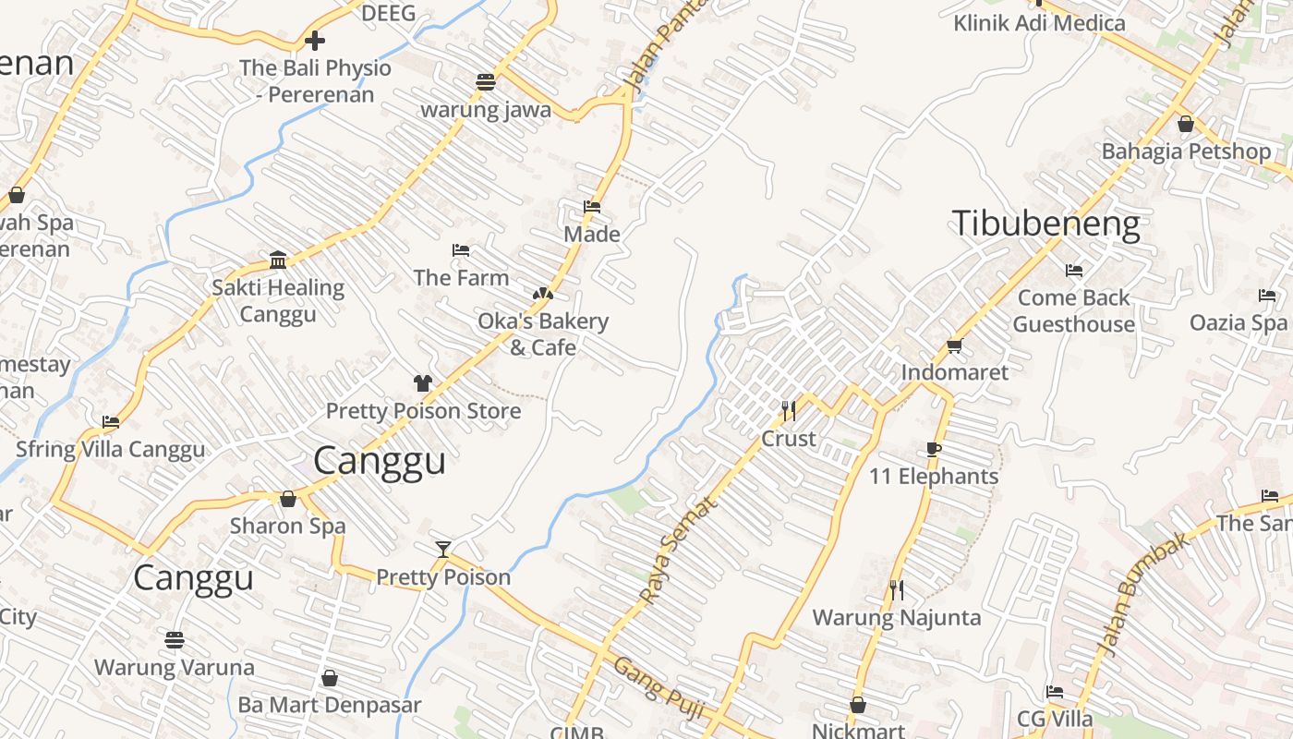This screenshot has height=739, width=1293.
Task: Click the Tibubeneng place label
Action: tap(1045, 224)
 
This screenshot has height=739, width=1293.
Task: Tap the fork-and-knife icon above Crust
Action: tap(788, 411)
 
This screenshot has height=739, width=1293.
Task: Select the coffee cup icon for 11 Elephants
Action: tap(934, 450)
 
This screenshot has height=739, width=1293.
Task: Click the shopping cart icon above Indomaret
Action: tap(954, 346)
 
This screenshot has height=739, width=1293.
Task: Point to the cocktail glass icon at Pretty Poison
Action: tap(443, 550)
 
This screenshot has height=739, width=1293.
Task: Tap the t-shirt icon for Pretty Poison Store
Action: tap(422, 383)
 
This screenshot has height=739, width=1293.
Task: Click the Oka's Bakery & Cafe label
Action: tap(543, 334)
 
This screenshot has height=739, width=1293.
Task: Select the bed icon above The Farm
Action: tap(461, 250)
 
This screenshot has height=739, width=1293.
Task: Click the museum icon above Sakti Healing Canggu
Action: tap(278, 260)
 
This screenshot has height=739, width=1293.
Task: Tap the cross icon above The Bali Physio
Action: tap(315, 41)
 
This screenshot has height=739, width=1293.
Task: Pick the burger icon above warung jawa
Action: tap(486, 82)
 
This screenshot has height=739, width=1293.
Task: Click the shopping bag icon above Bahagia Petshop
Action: tap(1186, 124)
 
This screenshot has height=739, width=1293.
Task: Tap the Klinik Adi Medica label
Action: tap(1039, 23)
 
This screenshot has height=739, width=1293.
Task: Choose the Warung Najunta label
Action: tap(896, 617)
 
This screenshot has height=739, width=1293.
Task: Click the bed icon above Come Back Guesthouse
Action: tap(1073, 271)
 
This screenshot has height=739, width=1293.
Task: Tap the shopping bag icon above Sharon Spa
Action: tap(288, 500)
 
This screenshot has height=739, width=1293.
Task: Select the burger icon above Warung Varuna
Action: tap(175, 639)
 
